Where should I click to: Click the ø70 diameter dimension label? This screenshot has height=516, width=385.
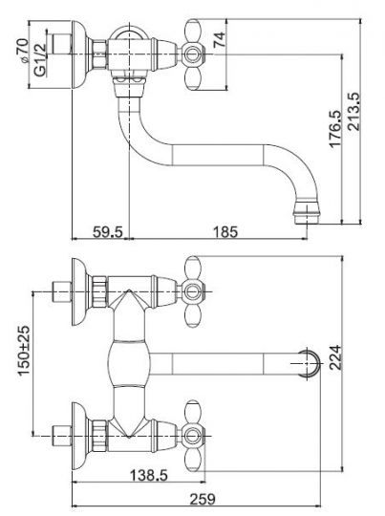click(x=23, y=50)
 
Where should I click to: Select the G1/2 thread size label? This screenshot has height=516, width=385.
click(x=40, y=60)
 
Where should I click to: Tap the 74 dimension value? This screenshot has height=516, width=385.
click(x=220, y=39)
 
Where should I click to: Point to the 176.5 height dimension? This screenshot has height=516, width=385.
click(x=334, y=128)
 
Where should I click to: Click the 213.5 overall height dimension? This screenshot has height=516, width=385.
click(x=354, y=112)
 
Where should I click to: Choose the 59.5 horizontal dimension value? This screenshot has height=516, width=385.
click(x=108, y=231)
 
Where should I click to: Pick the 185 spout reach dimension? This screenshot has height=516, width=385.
click(x=225, y=231)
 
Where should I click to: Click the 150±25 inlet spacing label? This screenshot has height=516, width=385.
click(x=24, y=351)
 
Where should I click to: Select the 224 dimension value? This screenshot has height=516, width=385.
click(x=335, y=357)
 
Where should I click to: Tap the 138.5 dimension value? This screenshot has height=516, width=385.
click(x=149, y=475)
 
